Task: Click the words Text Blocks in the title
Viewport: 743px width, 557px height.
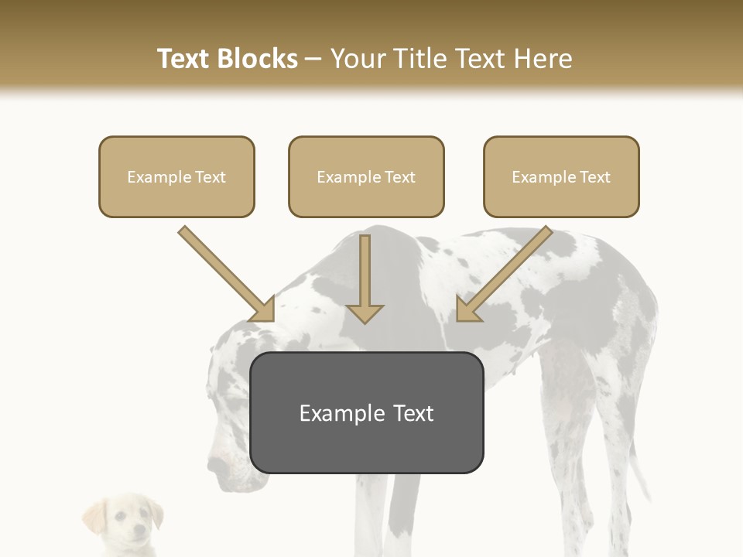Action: (227, 59)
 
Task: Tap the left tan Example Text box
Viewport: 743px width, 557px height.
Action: (176, 176)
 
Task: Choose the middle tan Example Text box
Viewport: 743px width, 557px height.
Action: (366, 176)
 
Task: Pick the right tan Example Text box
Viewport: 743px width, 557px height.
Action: (561, 176)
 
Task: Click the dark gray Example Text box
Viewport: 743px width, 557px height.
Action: (366, 413)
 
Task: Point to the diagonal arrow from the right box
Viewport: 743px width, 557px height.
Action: (503, 275)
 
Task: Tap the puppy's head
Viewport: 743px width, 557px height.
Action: (124, 523)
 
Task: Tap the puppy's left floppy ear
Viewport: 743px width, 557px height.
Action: (94, 516)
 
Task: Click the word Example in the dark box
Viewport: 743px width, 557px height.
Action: (334, 413)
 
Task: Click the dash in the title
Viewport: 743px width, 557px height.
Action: (313, 59)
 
